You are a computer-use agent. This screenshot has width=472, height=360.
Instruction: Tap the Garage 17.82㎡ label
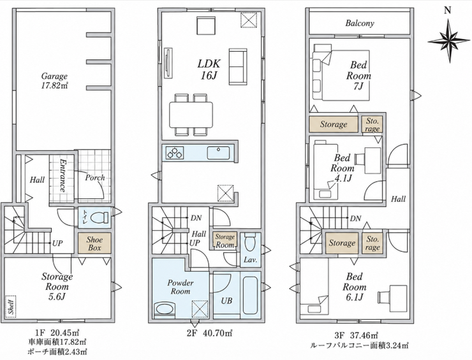point(54,81)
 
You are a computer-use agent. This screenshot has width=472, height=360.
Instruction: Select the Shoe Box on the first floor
point(94,243)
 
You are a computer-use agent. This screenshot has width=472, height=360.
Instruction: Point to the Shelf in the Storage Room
point(11,306)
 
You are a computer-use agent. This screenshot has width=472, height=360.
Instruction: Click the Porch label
point(95,178)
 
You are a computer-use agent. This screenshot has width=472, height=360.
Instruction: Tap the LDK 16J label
point(209,69)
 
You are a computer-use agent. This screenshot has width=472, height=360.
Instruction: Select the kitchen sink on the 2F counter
point(218,152)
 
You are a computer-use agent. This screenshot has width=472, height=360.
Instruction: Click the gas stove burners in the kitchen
point(175,152)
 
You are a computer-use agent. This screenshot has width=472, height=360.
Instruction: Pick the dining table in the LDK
point(191,115)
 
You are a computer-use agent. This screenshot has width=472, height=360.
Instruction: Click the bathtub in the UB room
point(251,295)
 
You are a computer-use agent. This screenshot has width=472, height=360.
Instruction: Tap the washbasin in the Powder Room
point(165,309)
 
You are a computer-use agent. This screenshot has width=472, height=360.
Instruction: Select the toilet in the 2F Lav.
point(249,243)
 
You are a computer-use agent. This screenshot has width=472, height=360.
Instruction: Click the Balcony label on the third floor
point(360,23)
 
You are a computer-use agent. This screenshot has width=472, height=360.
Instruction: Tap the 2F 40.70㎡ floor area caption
point(210,333)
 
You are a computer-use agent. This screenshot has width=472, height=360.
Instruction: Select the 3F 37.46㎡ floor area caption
point(356,335)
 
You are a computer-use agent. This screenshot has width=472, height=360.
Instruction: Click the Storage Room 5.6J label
point(57,286)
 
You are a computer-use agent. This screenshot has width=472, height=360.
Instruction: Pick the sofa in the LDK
point(239,66)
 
